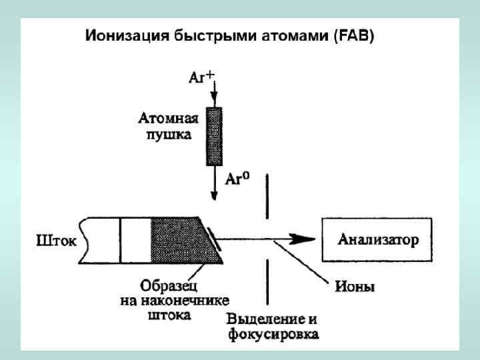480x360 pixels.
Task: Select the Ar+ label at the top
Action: (x=201, y=77)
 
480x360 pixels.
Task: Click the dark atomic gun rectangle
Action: (x=213, y=136)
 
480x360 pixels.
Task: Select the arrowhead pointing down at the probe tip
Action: (x=213, y=195)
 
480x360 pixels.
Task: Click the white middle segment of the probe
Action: (x=136, y=240)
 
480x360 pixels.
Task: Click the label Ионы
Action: (x=354, y=288)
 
